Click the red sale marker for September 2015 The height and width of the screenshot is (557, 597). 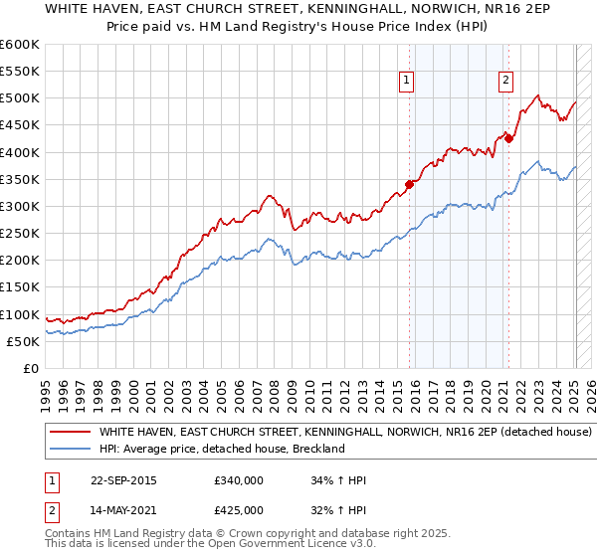[x=409, y=184]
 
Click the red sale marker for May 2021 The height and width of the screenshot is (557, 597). [x=508, y=138]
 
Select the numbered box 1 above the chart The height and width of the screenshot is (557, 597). [x=408, y=82]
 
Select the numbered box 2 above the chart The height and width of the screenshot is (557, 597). [x=505, y=82]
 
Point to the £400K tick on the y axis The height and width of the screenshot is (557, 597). [x=20, y=152]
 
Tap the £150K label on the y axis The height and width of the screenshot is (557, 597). [x=20, y=287]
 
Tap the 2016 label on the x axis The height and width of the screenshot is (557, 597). [x=415, y=393]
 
